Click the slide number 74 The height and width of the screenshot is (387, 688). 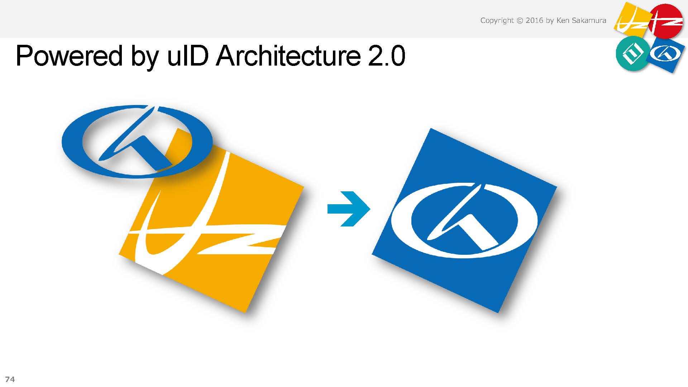pyautogui.click(x=10, y=379)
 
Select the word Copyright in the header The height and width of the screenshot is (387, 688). pyautogui.click(x=497, y=21)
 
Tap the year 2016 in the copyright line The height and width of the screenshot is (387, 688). pyautogui.click(x=534, y=20)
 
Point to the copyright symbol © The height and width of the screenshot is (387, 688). pyautogui.click(x=520, y=20)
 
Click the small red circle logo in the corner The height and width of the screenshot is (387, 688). pyautogui.click(x=666, y=21)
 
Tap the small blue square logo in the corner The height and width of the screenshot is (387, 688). pyautogui.click(x=667, y=54)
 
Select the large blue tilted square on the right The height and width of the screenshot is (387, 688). pyautogui.click(x=464, y=220)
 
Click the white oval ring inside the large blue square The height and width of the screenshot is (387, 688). pyautogui.click(x=401, y=220)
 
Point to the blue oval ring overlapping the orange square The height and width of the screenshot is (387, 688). pyautogui.click(x=72, y=142)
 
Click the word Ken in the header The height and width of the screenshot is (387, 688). pyautogui.click(x=562, y=20)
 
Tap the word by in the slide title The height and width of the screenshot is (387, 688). pyautogui.click(x=145, y=57)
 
